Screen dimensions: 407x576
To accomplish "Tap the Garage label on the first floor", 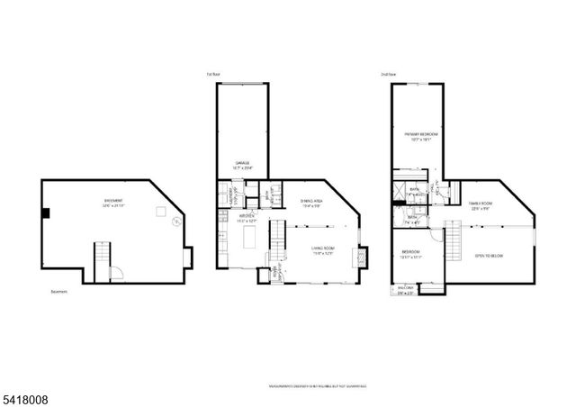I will pyautogui.click(x=241, y=163).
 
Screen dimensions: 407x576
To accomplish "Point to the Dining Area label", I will pyautogui.click(x=311, y=203).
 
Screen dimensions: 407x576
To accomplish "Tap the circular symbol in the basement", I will pyautogui.click(x=176, y=219).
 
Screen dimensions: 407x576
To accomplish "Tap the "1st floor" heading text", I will pyautogui.click(x=213, y=75).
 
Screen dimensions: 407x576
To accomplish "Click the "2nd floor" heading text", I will pyautogui.click(x=388, y=75).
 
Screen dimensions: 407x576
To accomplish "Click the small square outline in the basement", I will pyautogui.click(x=158, y=212).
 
